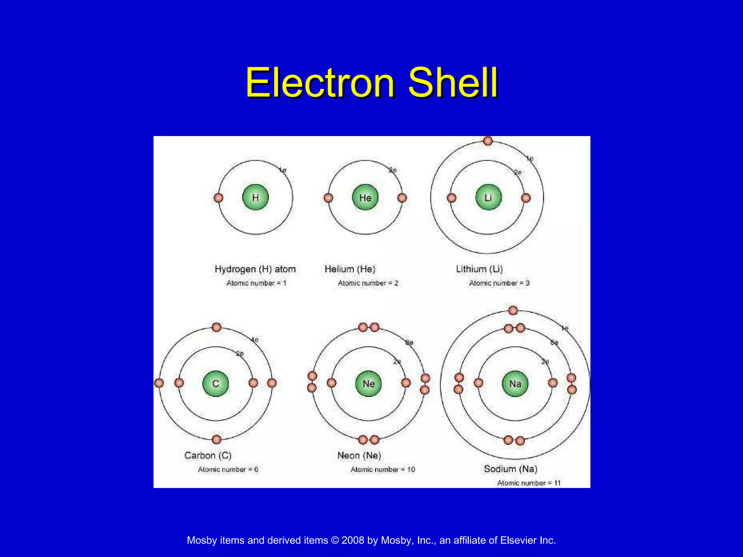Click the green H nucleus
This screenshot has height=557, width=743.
[255, 198]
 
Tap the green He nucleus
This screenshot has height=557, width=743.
[365, 198]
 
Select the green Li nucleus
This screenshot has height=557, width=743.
[488, 198]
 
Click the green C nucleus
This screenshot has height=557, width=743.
[215, 384]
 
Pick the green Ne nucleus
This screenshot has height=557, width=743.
[369, 384]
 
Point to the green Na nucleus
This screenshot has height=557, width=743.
[515, 384]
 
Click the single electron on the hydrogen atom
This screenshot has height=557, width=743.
[218, 198]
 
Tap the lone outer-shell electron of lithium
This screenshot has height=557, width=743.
[488, 141]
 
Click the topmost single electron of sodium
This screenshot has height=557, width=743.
[513, 310]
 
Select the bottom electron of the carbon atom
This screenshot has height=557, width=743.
[217, 440]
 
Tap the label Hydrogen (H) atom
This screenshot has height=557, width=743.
[255, 269]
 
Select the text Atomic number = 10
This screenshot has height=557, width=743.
[383, 470]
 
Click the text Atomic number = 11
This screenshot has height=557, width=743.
[529, 483]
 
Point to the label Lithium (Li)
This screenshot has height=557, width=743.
[479, 269]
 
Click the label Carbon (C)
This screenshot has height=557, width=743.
[208, 455]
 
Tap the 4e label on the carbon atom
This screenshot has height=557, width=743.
[255, 340]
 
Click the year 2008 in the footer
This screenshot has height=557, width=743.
[353, 540]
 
